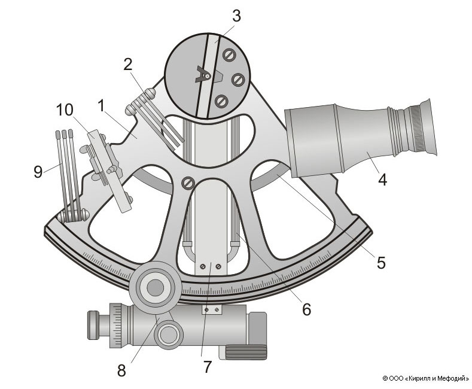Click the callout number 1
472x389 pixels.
pos(102,107)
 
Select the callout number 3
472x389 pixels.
pos(236,16)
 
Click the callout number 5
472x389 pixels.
pos(380,262)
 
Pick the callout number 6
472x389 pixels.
pos(306,309)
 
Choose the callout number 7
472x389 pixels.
pos(208,367)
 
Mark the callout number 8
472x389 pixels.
pos(121,370)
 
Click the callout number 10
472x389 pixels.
pos(65,110)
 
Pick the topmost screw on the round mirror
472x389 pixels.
pos(228,54)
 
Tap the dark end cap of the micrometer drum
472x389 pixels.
pos(93,325)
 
